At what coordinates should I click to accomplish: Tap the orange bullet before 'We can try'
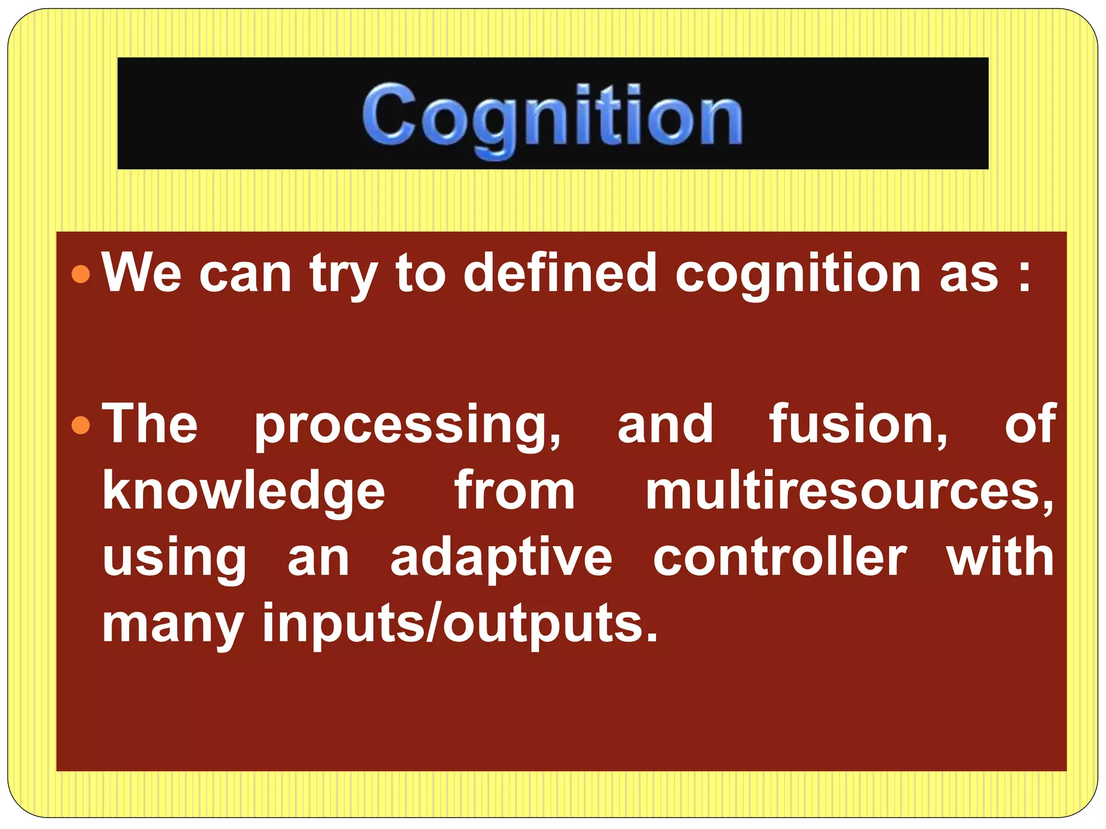click(x=80, y=274)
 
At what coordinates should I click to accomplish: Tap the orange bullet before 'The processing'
click(x=80, y=425)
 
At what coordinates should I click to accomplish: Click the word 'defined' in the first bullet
click(x=559, y=273)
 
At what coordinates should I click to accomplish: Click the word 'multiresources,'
click(x=849, y=491)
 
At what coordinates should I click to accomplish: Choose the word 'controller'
click(x=780, y=558)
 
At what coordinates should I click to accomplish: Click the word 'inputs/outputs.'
click(x=460, y=624)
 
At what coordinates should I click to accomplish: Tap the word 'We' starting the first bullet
click(x=142, y=273)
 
